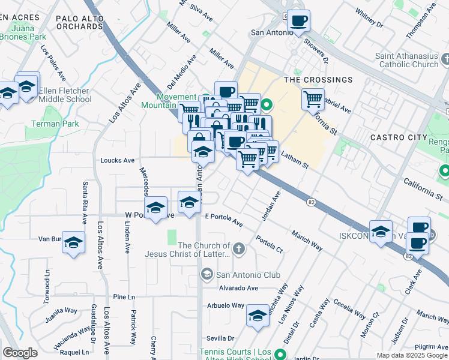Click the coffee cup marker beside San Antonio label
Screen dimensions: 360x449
point(298,22)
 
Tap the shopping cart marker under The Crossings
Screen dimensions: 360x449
point(313,99)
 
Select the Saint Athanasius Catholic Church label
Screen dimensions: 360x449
point(407,60)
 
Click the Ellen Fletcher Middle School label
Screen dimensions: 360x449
point(64,95)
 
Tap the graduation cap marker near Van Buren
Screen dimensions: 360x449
point(73,243)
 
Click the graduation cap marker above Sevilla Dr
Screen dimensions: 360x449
point(258,316)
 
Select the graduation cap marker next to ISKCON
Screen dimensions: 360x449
point(381,232)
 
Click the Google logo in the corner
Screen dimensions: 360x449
point(20,353)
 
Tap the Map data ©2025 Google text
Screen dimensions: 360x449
point(412,355)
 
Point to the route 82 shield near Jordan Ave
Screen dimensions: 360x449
point(310,202)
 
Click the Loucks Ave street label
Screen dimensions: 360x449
point(117,160)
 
